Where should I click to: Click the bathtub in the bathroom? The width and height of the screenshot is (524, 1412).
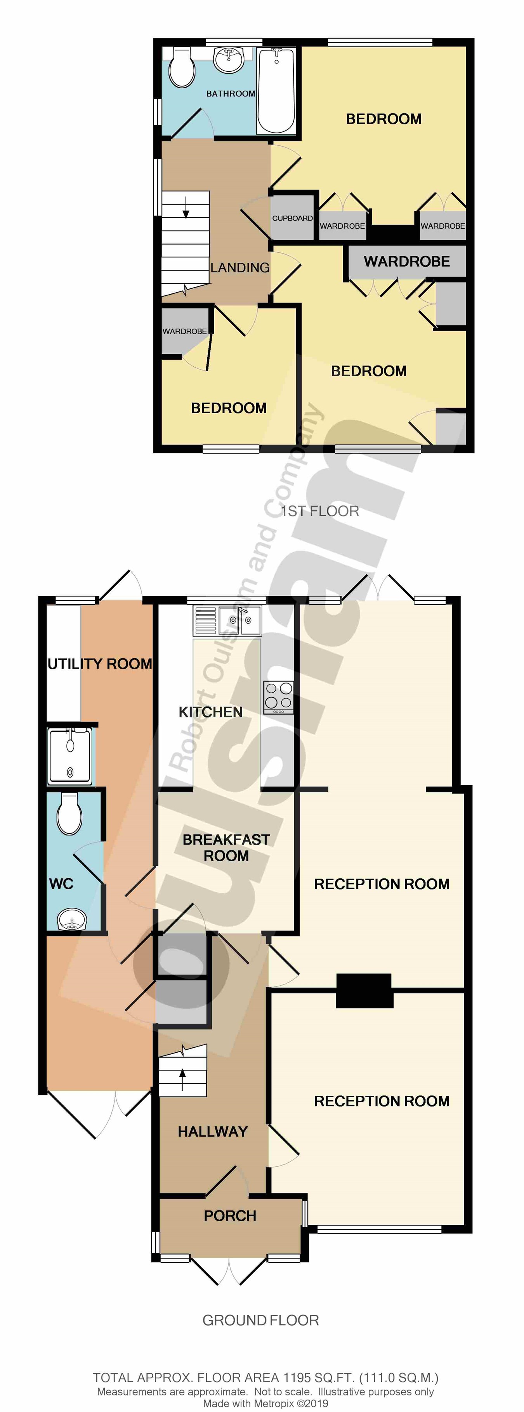pyautogui.click(x=276, y=90)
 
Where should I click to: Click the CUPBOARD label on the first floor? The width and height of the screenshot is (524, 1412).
pyautogui.click(x=292, y=218)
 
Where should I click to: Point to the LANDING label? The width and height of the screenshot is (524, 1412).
pyautogui.click(x=240, y=267)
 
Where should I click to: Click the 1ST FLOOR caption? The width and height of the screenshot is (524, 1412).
pyautogui.click(x=320, y=511)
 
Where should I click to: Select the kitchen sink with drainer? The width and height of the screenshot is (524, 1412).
pyautogui.click(x=227, y=621)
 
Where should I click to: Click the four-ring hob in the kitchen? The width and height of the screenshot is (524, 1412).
pyautogui.click(x=279, y=697)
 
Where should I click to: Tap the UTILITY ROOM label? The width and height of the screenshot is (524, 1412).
pyautogui.click(x=100, y=664)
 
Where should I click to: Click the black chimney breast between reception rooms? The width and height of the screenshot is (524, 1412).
pyautogui.click(x=364, y=990)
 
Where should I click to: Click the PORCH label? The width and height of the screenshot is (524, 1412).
pyautogui.click(x=230, y=1216)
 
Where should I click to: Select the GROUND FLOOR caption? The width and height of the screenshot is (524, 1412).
pyautogui.click(x=260, y=1320)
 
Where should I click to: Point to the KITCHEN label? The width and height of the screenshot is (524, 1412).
pyautogui.click(x=211, y=712)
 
